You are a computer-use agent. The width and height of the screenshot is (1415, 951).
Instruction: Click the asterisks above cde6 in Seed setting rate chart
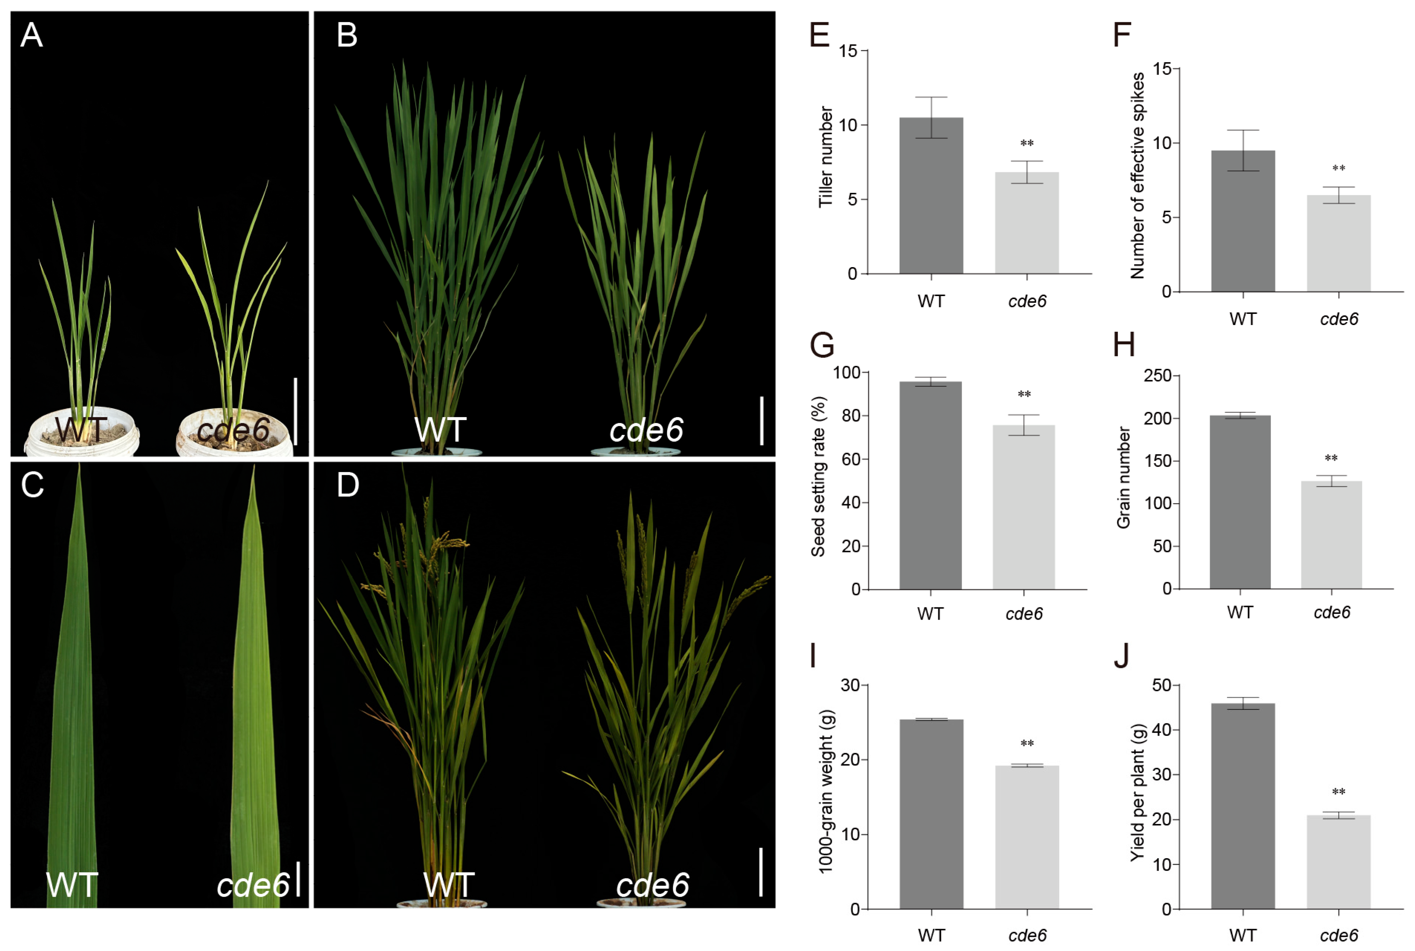[x=1024, y=394]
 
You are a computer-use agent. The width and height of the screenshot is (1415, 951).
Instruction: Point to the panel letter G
[x=822, y=346]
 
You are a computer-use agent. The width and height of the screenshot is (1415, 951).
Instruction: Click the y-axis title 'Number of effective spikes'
[x=1137, y=176]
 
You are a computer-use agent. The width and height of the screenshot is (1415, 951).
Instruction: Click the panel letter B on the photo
[x=347, y=35]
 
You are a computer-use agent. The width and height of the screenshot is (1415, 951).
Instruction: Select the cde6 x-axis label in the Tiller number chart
[x=1027, y=301]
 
